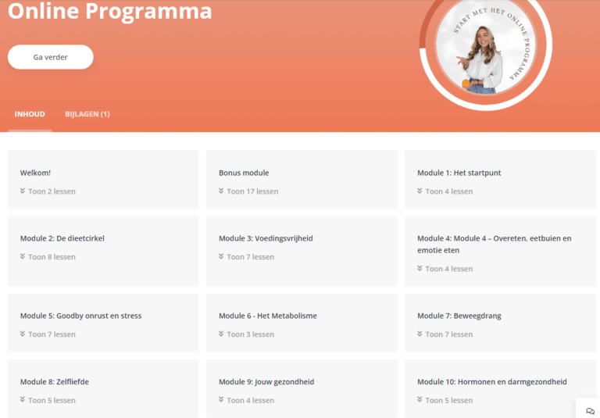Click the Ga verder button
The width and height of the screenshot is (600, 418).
[x=51, y=57]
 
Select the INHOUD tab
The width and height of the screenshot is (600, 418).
[x=30, y=114]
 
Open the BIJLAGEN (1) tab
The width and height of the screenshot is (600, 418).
[x=87, y=114]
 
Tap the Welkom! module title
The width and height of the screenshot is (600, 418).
[x=35, y=173]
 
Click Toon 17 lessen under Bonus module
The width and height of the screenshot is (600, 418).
[x=252, y=191]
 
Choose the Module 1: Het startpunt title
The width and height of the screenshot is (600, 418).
[x=459, y=173]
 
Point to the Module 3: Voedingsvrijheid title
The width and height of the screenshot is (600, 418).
[x=266, y=238]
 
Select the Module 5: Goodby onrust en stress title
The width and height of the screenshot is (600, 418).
[x=80, y=316]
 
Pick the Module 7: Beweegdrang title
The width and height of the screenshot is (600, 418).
[x=459, y=316]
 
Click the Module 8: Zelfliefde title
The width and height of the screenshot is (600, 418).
[x=55, y=381]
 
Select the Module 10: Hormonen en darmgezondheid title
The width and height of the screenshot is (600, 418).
[x=492, y=381]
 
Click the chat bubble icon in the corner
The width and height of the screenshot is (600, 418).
[x=590, y=411]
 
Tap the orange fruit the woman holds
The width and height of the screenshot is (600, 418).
[x=466, y=84]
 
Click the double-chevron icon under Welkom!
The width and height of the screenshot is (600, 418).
[x=23, y=191]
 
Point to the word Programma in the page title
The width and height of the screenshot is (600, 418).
[x=148, y=12]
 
